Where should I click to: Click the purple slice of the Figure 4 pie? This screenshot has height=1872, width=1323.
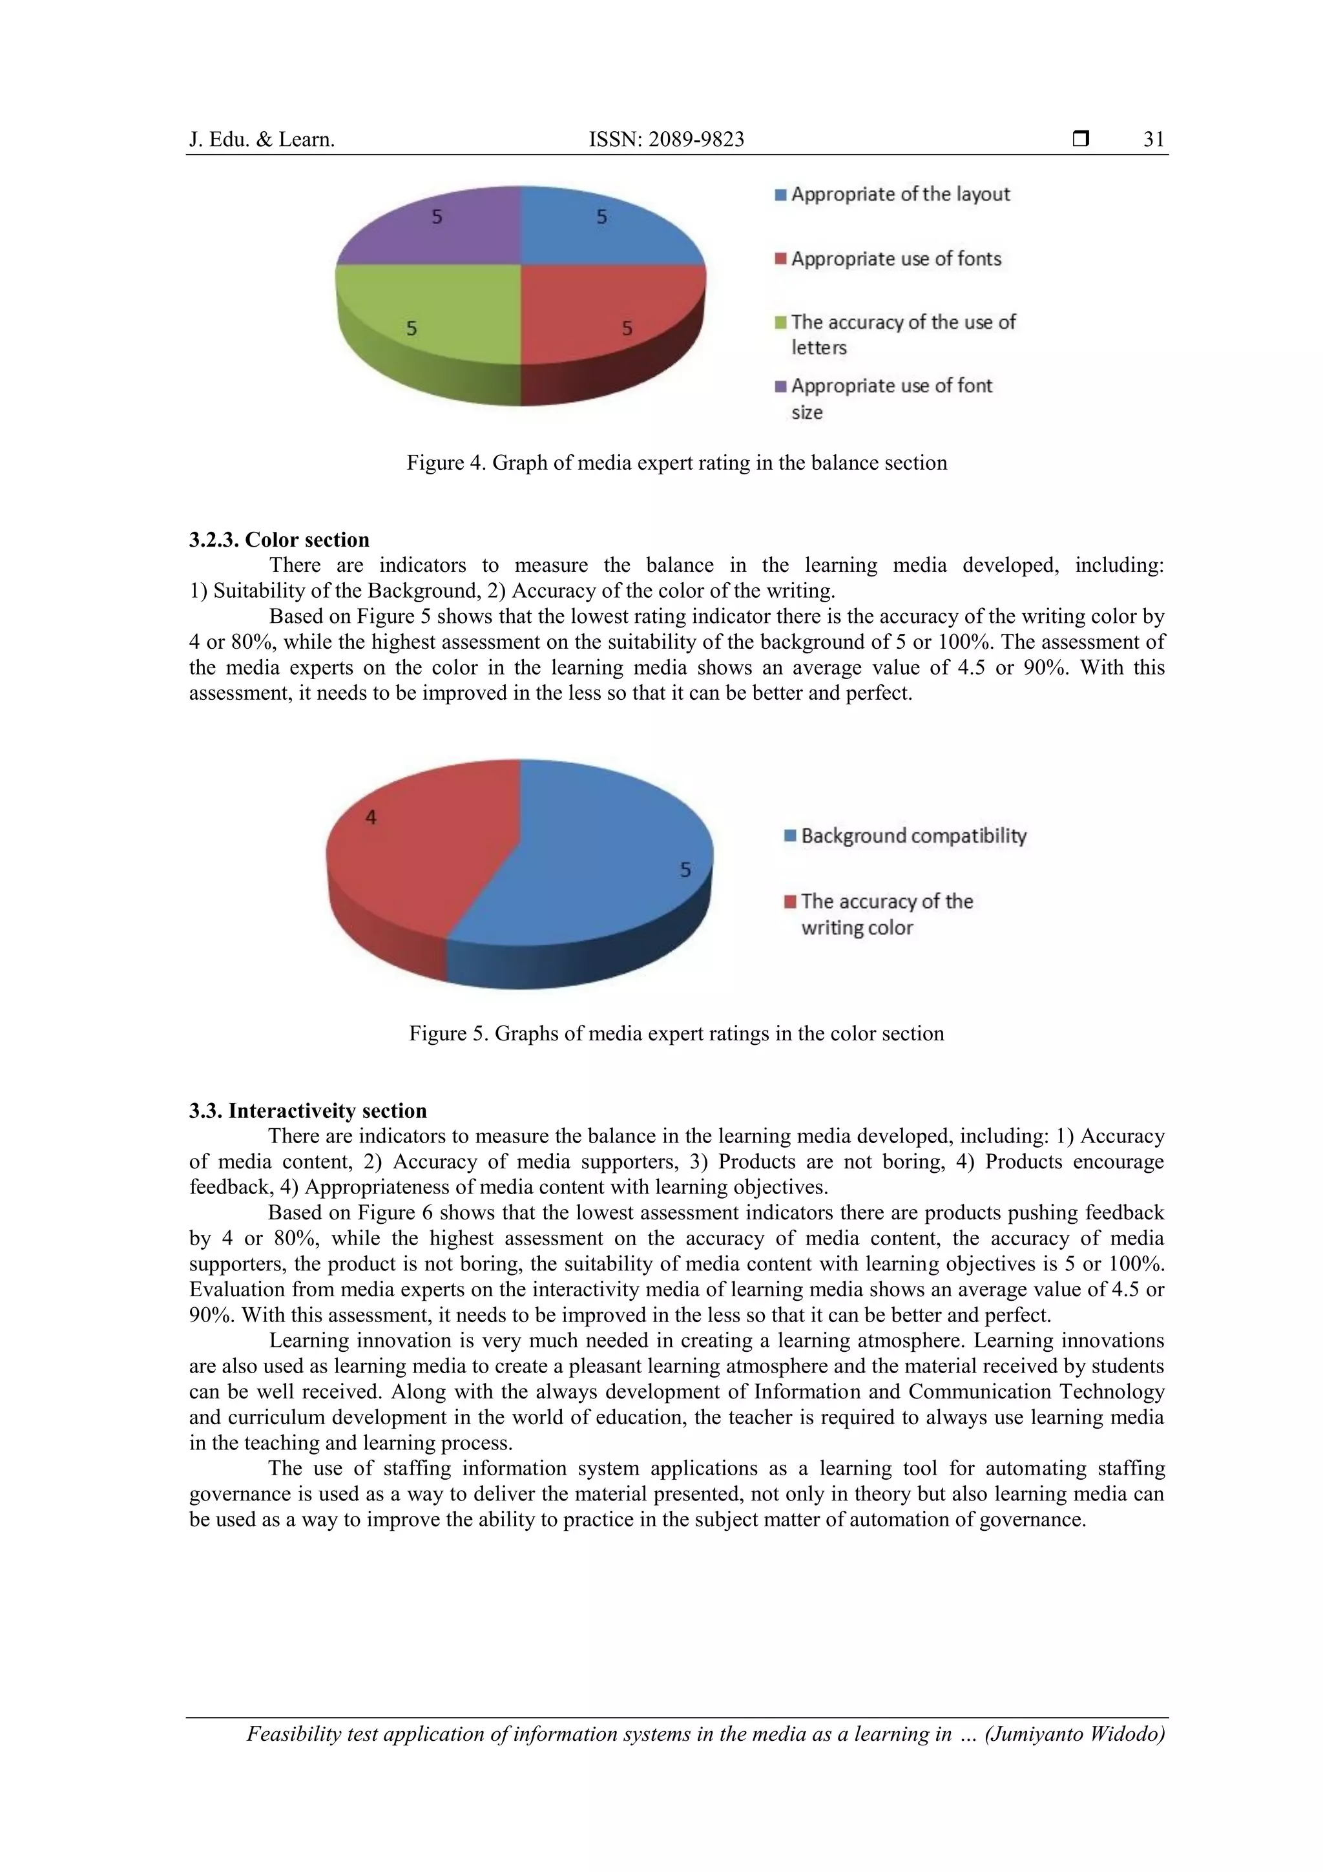440,228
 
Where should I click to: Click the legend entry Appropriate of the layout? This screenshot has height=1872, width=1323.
900,194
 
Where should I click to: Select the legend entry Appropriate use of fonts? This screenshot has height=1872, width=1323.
895,258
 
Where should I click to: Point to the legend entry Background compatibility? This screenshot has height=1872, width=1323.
913,836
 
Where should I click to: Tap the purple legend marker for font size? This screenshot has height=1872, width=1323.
780,386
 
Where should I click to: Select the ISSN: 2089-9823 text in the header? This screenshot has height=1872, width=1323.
666,140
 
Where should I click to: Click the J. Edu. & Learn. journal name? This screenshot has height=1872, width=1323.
262,140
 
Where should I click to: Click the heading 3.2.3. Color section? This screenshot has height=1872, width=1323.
279,540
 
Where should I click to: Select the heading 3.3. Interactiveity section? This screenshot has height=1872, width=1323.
307,1111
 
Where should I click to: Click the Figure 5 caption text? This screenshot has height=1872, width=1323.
676,1033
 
